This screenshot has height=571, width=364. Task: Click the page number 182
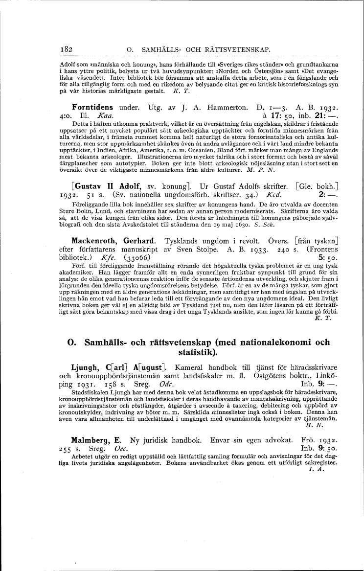click(66, 49)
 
